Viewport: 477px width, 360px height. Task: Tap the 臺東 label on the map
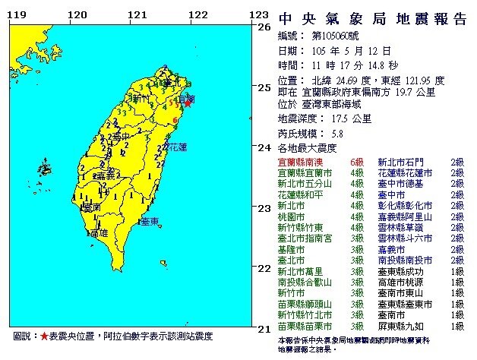click(x=150, y=220)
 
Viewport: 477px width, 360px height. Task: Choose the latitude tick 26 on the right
click(x=265, y=27)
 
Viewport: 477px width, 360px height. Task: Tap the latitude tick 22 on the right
click(x=265, y=268)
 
